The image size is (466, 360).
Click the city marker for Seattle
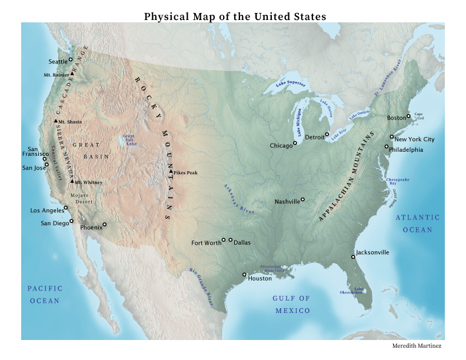70,59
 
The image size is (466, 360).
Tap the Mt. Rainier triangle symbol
73,75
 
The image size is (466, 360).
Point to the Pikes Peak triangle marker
171,172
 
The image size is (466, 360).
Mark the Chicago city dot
295,142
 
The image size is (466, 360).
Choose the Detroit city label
315,138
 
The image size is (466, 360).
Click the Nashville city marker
303,199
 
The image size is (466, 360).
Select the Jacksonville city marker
354,256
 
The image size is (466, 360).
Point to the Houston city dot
244,274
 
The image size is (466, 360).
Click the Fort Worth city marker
224,240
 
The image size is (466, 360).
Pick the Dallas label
242,242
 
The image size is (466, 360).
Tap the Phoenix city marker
105,224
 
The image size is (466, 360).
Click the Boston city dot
408,116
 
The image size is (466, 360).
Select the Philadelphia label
407,150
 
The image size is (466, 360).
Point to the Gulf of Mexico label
291,304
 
